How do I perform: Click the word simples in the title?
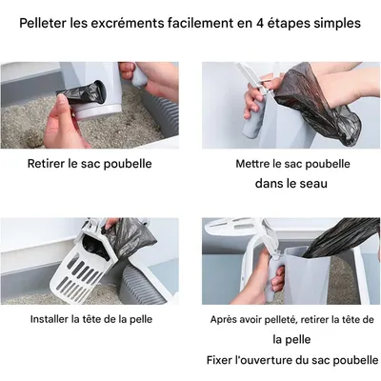coord(335,22)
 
